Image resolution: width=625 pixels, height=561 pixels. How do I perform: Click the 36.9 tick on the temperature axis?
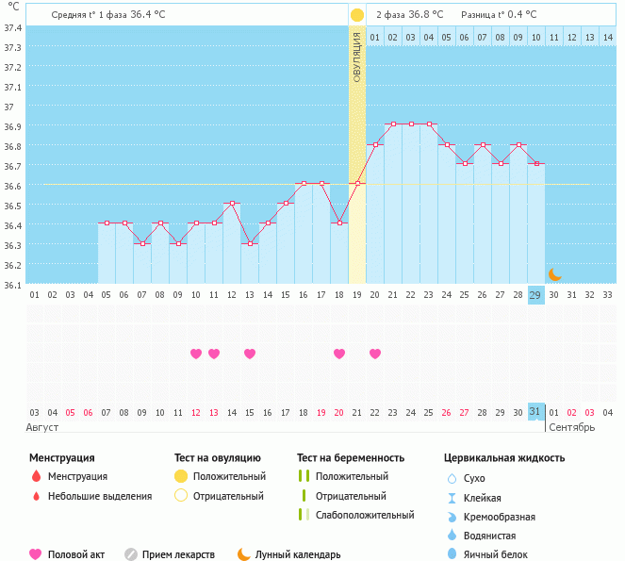click(13, 125)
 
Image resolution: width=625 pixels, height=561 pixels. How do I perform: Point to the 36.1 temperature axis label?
click(13, 284)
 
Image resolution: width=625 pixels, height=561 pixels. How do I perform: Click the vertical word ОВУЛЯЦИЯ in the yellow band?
click(356, 57)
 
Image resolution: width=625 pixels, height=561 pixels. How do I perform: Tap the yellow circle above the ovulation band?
click(356, 15)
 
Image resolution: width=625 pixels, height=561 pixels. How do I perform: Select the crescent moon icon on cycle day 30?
click(554, 273)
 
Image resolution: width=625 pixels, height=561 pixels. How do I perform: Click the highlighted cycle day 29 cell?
click(535, 295)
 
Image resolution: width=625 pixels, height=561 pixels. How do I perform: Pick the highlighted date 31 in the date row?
click(535, 412)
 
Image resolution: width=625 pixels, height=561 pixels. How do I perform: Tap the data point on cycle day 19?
click(356, 183)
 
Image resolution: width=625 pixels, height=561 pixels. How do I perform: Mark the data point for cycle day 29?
click(535, 163)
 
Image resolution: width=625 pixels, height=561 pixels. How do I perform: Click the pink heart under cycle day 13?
click(249, 354)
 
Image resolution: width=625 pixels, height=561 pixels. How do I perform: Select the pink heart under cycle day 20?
click(374, 354)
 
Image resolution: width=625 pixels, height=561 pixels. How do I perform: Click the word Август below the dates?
click(43, 427)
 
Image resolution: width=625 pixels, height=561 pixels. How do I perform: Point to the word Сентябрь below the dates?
click(571, 427)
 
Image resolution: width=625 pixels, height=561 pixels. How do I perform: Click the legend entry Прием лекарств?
click(178, 554)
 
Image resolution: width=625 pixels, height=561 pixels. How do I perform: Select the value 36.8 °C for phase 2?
click(424, 15)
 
